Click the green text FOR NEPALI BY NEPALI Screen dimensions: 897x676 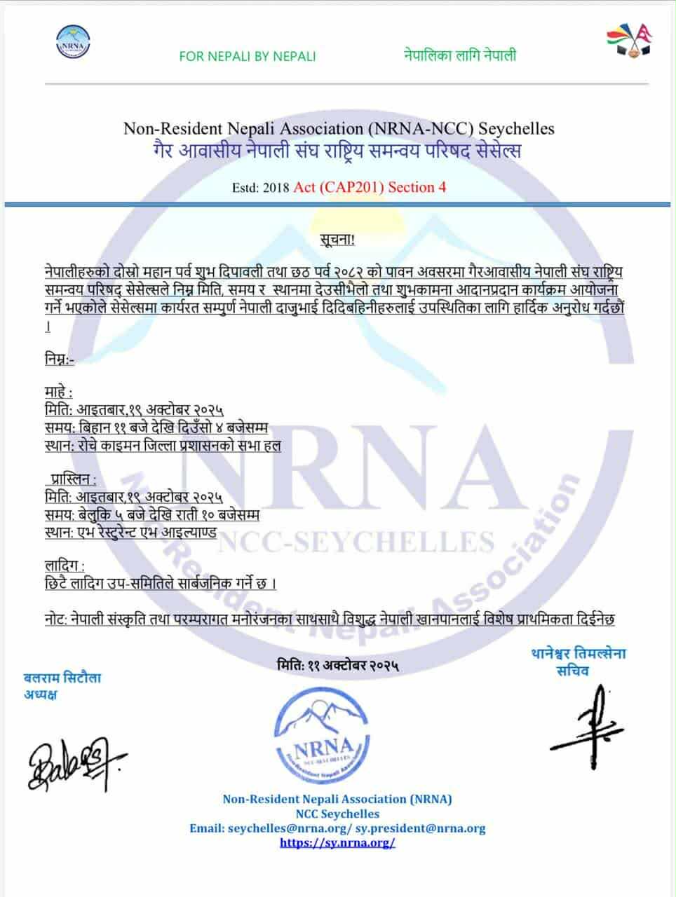tap(247, 56)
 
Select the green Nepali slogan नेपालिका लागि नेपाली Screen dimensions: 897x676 tap(460, 55)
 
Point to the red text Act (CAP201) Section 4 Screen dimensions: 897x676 tap(370, 186)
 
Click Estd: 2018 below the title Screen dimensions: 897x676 tap(262, 187)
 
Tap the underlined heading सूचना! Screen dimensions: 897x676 tap(339, 240)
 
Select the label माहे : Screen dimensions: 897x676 tap(58, 392)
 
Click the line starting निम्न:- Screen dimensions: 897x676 tap(58, 359)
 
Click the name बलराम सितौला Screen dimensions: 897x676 tap(62, 678)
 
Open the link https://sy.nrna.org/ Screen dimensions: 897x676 tap(337, 842)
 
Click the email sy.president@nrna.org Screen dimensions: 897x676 tap(420, 828)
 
